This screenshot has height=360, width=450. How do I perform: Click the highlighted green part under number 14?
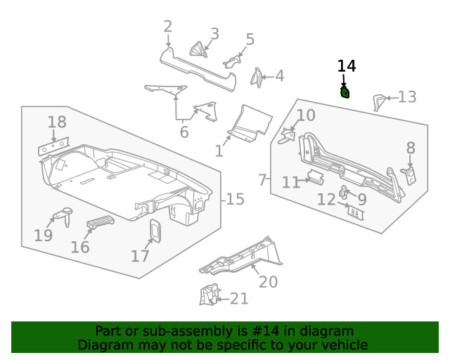coord(345,93)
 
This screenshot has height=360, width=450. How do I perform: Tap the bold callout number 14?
coord(347,66)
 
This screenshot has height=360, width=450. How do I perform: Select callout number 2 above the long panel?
coord(167,27)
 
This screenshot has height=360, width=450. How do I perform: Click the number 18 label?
coord(57,122)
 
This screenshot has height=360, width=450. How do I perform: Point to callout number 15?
coord(236,199)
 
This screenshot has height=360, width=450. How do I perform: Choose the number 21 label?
coord(239,299)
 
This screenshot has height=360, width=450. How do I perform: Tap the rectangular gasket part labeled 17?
coord(155,231)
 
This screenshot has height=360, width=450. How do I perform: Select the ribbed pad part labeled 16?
coord(99,224)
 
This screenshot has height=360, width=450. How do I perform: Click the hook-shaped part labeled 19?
coord(64,214)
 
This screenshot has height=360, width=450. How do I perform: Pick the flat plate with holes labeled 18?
coord(53,147)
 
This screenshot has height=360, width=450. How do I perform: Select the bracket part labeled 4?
coord(257,77)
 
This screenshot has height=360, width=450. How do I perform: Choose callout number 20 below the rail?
coord(268,282)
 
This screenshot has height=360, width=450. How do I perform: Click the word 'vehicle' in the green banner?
coord(344,345)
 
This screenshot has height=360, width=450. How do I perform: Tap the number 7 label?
coord(263,180)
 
